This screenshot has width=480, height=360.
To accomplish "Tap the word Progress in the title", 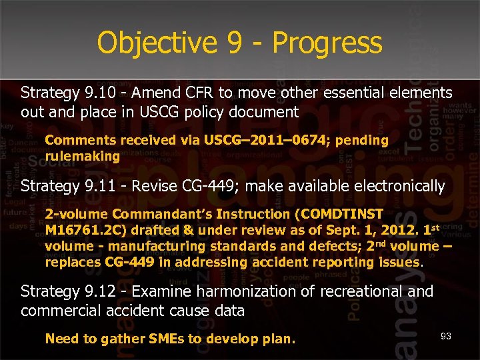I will pos(327,43).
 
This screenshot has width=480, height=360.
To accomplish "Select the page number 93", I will pos(445,336).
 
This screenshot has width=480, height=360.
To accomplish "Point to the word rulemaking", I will pos(82,156).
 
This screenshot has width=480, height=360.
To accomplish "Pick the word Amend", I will pos(161,92).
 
